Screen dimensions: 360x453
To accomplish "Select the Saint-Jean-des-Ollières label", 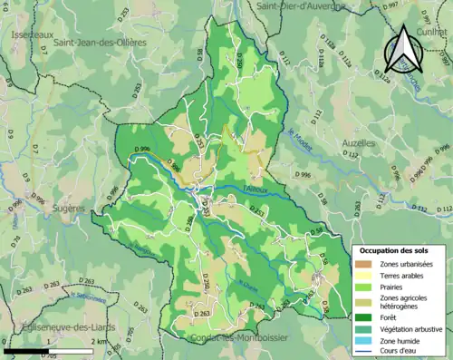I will pyautogui.click(x=99, y=42).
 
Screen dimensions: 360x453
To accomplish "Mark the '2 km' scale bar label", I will pyautogui.click(x=97, y=342).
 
